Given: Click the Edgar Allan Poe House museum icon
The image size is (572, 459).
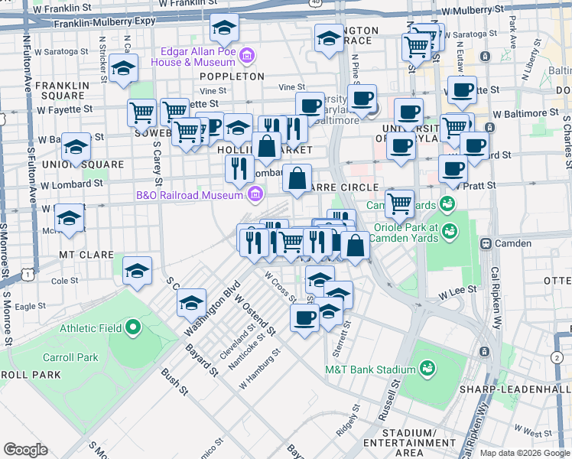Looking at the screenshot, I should coord(246,56).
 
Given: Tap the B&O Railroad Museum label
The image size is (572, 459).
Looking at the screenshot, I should coord(188,195).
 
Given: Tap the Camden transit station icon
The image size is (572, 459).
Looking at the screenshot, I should coord(485,243).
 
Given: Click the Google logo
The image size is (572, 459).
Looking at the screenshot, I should coord(25,450).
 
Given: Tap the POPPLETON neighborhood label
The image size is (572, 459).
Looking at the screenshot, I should coord(232,76).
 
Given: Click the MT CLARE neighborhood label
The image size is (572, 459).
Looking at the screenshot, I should coord(82,252).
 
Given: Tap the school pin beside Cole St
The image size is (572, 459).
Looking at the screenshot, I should coord(138,270).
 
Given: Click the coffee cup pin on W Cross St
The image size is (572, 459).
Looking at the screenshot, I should coord(304,317).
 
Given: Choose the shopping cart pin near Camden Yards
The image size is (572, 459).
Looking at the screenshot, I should coord(399,204).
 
